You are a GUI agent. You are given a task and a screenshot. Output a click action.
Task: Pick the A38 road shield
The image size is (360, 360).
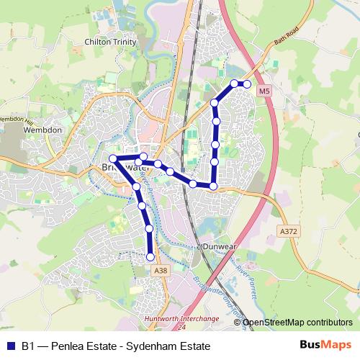[x=161, y=270]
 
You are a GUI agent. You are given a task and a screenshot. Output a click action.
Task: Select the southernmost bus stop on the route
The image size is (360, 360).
[x=150, y=256]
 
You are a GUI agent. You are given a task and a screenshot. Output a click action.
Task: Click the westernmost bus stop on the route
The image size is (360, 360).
[x=113, y=158]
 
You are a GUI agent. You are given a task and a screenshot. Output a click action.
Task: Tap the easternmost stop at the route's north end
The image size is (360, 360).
[x=247, y=84]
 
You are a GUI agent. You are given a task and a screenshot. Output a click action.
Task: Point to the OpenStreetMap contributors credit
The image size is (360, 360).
[x=297, y=323]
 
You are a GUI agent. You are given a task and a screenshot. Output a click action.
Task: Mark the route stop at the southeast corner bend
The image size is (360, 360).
[x=213, y=186]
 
